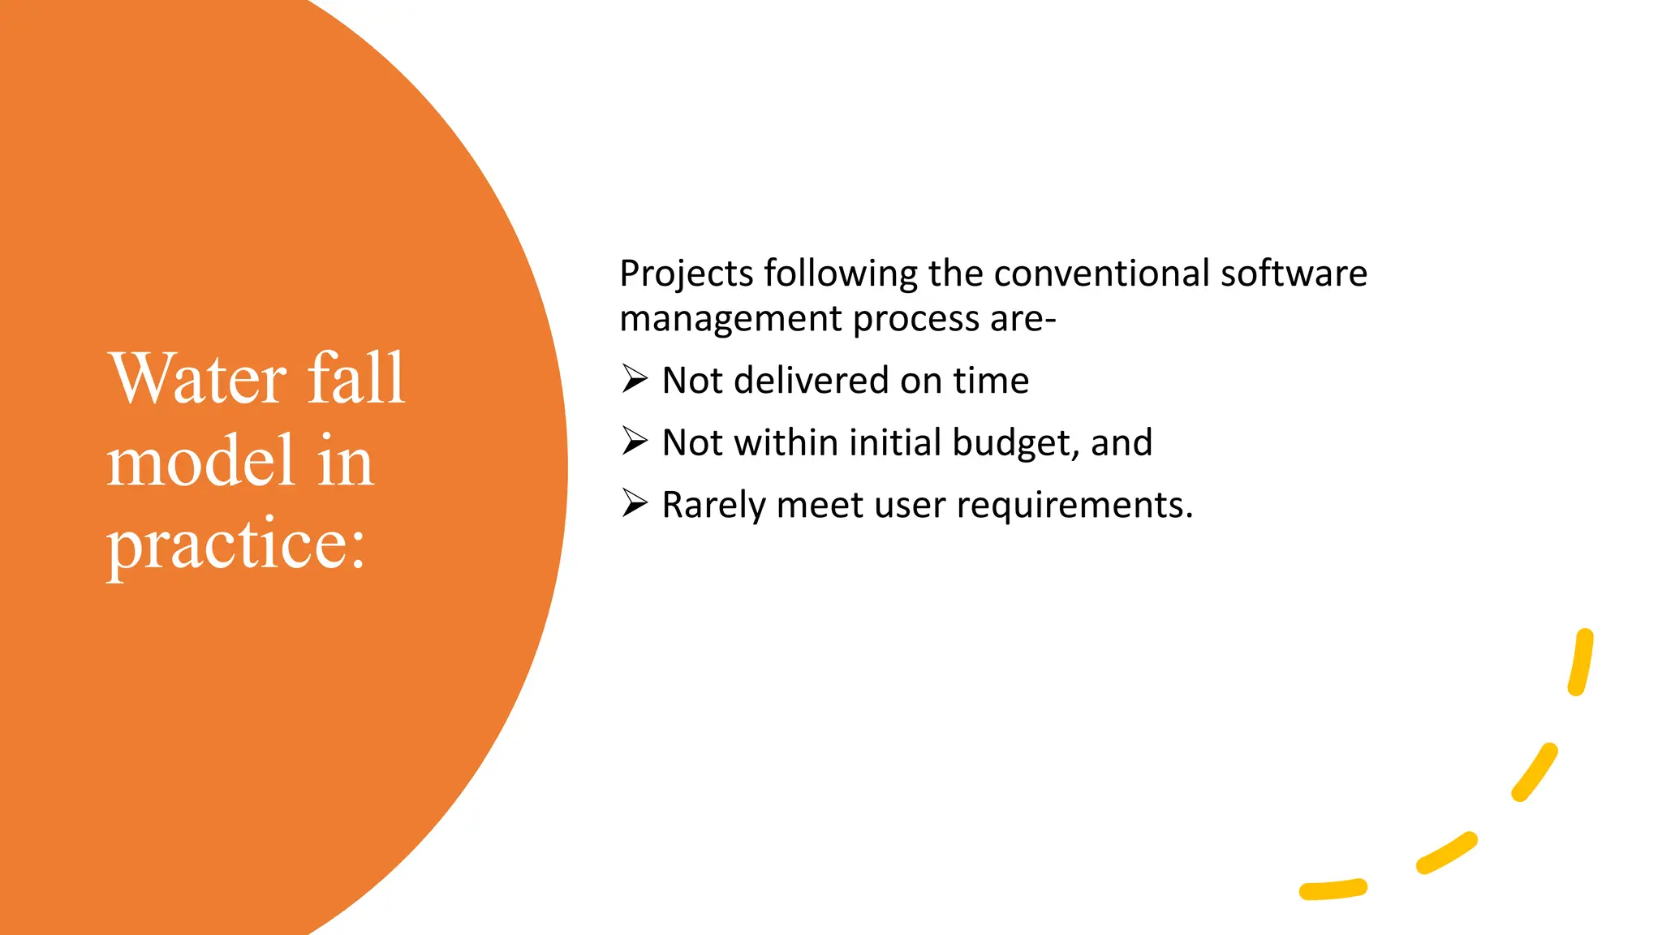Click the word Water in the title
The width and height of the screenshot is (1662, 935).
[198, 378]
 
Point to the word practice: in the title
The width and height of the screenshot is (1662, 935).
[235, 545]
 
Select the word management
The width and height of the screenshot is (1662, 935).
[730, 319]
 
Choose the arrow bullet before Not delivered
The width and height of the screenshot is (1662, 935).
[635, 379]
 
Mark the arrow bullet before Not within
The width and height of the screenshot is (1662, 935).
[635, 441]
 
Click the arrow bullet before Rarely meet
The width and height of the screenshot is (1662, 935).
[635, 503]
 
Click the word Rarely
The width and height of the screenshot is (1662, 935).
[713, 506]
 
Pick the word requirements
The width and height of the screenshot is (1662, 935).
[1074, 506]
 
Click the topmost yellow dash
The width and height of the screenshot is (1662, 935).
[1581, 661]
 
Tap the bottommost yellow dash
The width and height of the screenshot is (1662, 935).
[1333, 890]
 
